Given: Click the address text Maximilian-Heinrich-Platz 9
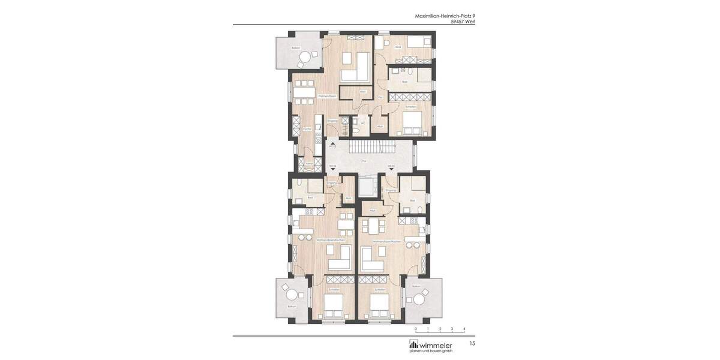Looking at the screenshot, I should click(x=445, y=16).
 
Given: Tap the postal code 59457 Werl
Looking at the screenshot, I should click(x=463, y=22).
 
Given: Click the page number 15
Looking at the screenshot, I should click(x=472, y=343).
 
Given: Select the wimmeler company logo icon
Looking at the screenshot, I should click(x=413, y=344).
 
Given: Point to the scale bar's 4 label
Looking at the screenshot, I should click(x=464, y=329).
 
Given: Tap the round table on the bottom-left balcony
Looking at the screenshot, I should click(x=292, y=295).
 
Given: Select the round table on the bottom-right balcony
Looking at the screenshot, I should click(x=424, y=295).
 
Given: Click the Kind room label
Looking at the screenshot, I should click(x=398, y=47).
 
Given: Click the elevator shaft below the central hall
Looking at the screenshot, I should click(x=365, y=186).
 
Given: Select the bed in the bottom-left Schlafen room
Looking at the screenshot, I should click(x=333, y=310).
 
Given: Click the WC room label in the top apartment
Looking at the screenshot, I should click(x=363, y=123).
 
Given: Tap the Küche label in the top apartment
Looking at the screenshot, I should click(x=306, y=128).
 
